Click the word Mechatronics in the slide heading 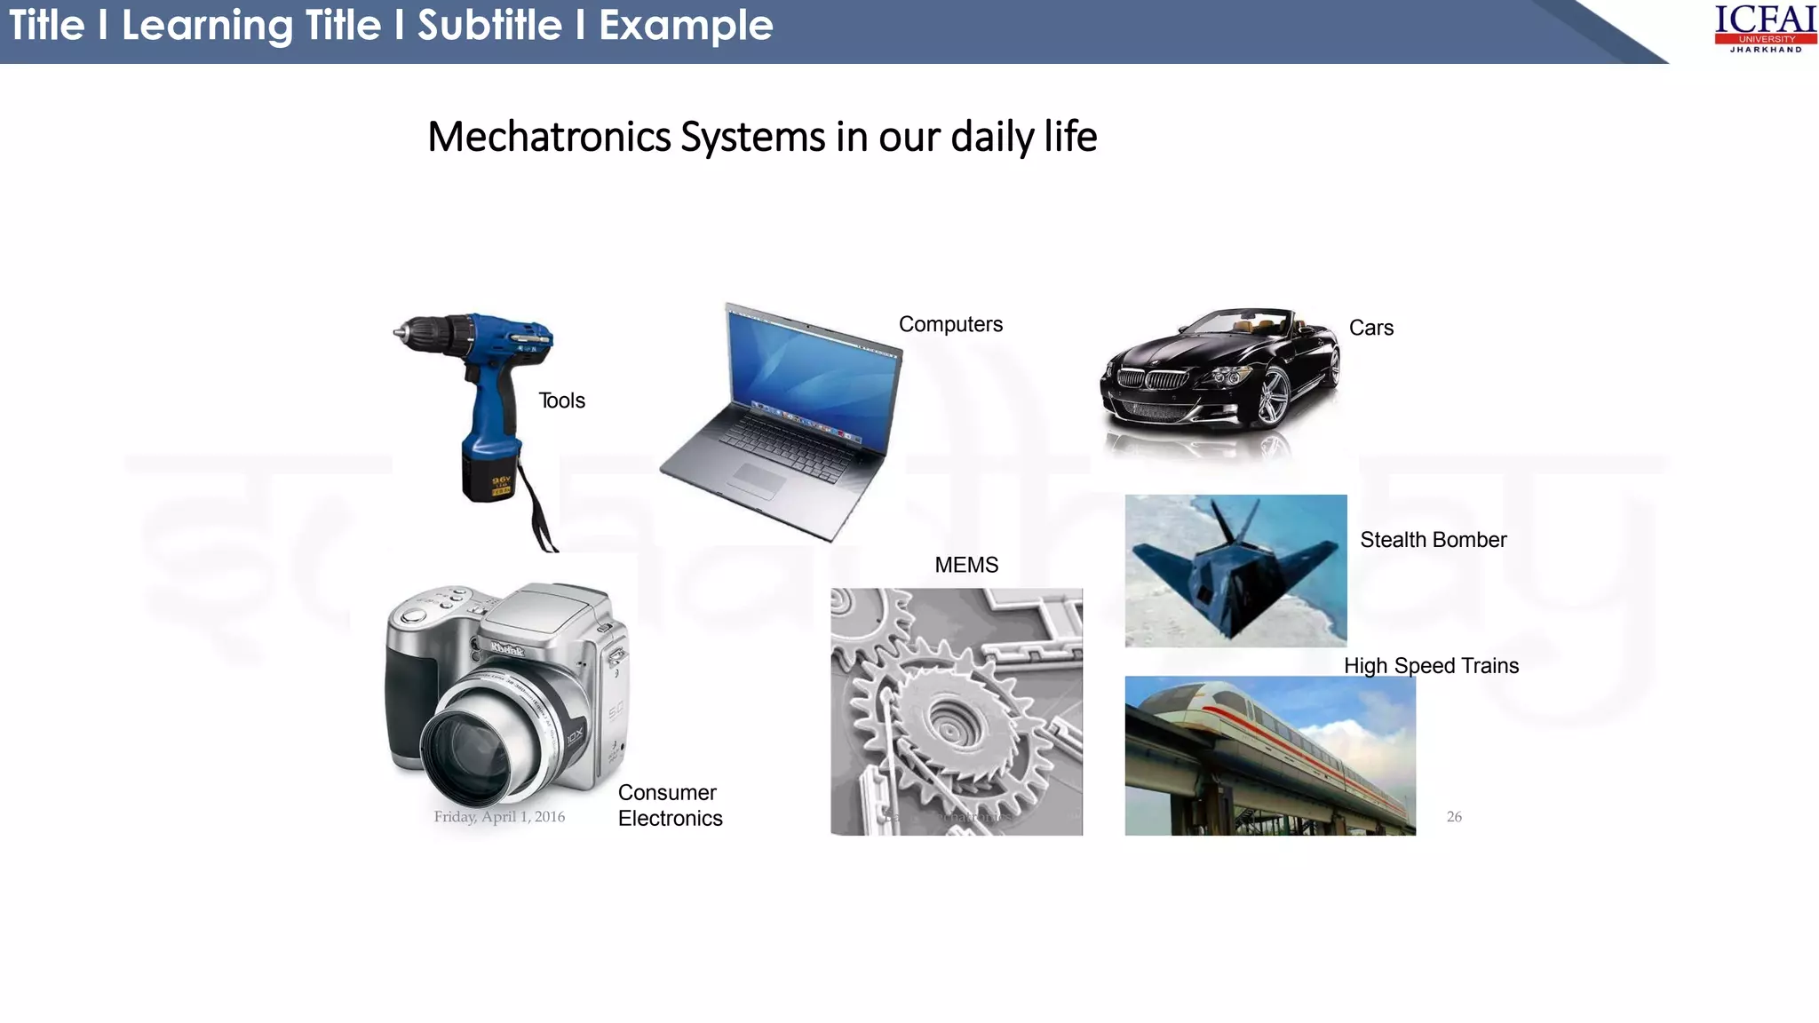[550, 137]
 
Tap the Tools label [561, 400]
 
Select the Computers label [950, 324]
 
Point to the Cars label [1370, 328]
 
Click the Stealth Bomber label [1433, 540]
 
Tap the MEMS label [966, 565]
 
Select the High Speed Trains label [1431, 666]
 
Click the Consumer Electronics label [670, 805]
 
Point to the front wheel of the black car [1272, 397]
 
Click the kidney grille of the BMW [1153, 380]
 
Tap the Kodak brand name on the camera [507, 649]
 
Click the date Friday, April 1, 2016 [499, 817]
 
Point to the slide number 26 [1454, 817]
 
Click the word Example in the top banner [686, 25]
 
